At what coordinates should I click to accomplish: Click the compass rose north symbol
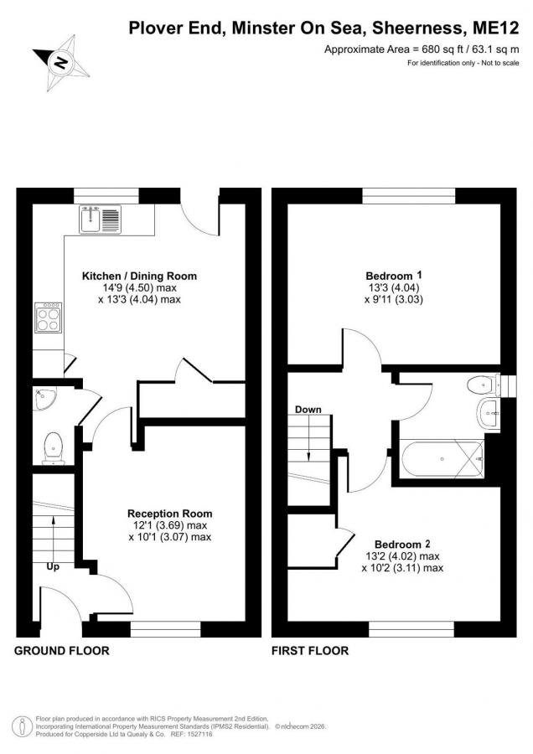[x=61, y=63]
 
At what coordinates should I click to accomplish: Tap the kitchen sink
[x=100, y=219]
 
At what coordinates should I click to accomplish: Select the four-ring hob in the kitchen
[x=48, y=318]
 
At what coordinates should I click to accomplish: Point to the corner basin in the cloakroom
[x=44, y=398]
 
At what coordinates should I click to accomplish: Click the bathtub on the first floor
[x=442, y=459]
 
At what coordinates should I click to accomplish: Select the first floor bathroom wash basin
[x=489, y=412]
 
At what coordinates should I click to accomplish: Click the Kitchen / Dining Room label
[x=139, y=276]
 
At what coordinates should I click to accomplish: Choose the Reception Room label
[x=169, y=514]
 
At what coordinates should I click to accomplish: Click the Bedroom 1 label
[x=394, y=276]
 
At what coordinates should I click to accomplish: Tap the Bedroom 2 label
[x=402, y=545]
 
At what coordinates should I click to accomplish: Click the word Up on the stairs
[x=53, y=567]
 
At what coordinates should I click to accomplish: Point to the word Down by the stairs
[x=308, y=410]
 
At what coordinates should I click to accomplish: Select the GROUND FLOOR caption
[x=61, y=651]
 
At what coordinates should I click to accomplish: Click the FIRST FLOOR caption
[x=310, y=651]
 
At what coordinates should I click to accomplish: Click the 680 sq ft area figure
[x=438, y=49]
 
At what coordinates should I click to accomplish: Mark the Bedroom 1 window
[x=408, y=196]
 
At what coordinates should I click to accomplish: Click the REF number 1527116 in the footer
[x=200, y=734]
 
